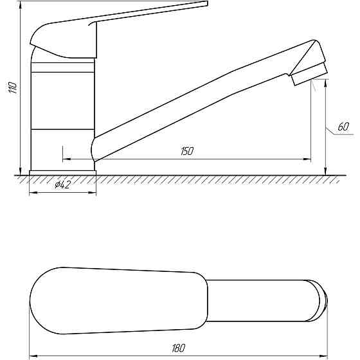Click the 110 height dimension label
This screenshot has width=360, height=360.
[x=13, y=87]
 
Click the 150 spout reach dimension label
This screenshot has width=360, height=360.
[x=187, y=151]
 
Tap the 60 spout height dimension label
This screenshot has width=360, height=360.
[x=343, y=127]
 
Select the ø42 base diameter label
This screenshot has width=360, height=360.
[x=62, y=184]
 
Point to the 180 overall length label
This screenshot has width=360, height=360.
[x=179, y=348]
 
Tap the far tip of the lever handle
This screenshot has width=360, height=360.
[x=207, y=3]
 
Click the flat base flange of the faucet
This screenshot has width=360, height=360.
[x=63, y=173]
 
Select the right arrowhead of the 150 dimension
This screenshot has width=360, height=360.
[x=308, y=159]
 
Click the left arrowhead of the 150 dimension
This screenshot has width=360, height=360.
[x=67, y=159]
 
